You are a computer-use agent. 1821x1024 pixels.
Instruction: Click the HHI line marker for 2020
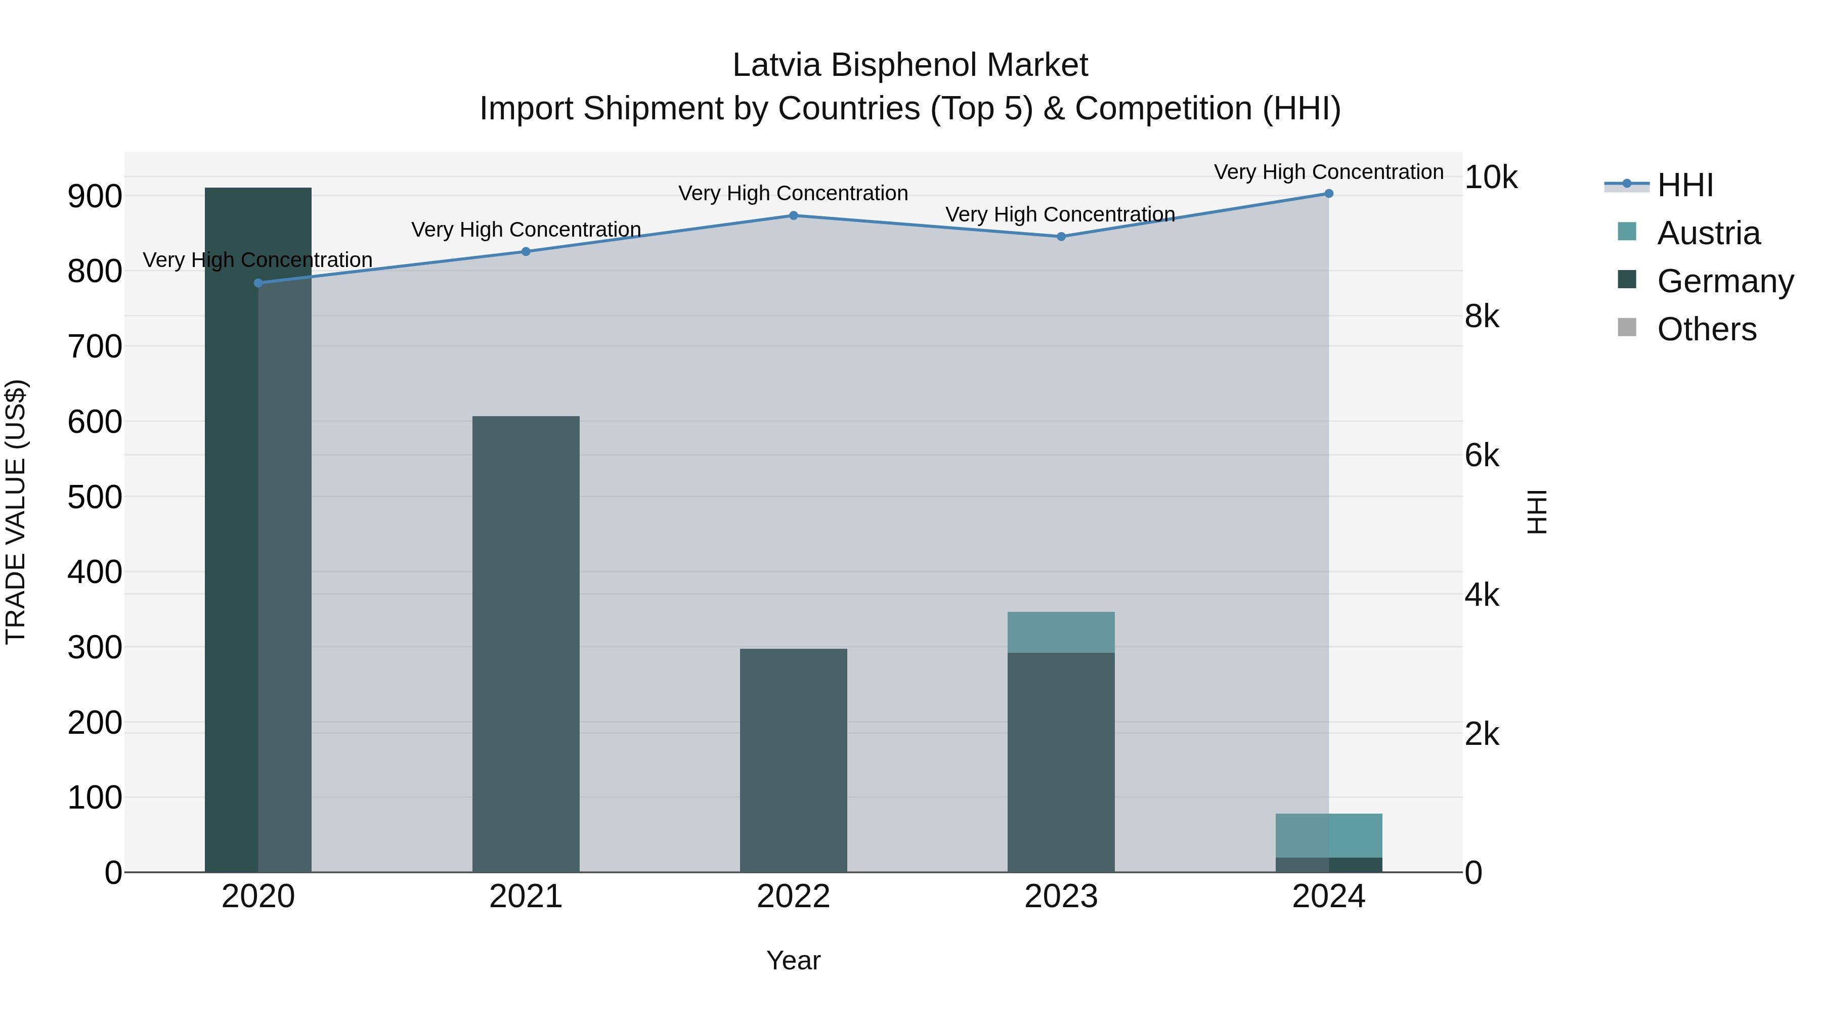(x=258, y=283)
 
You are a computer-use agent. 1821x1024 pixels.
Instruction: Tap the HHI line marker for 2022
(x=793, y=215)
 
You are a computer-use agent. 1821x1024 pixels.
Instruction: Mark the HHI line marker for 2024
(x=1329, y=194)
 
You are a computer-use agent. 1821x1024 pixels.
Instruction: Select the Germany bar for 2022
(x=793, y=760)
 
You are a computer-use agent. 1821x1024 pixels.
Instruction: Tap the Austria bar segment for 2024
(x=1329, y=835)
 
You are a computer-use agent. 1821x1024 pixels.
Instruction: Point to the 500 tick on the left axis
(x=95, y=497)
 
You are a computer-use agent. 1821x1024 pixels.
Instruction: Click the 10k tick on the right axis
(x=1491, y=177)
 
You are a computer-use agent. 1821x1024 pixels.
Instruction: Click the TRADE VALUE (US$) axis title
(x=16, y=512)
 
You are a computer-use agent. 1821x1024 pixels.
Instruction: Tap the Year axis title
(x=793, y=960)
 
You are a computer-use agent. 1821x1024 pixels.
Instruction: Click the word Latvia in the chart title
(x=776, y=65)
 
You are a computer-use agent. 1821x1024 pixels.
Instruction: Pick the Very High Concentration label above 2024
(x=1329, y=172)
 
